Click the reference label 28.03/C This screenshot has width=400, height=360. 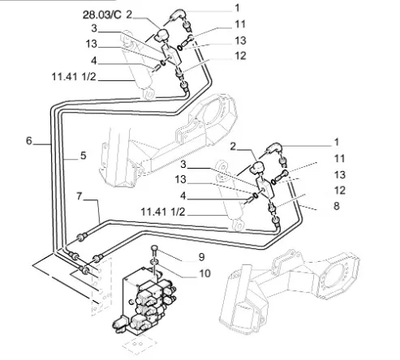pos(101,15)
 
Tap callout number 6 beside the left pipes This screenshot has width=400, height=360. pos(29,141)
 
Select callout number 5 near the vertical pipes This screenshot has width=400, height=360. pos(83,156)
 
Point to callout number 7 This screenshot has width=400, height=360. pos(79,196)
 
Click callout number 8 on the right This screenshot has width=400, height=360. pos(336,206)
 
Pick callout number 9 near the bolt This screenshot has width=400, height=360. pos(201,257)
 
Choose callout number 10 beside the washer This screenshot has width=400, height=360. pos(204,273)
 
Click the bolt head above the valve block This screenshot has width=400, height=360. pos(154,248)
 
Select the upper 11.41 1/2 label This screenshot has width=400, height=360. pos(74,77)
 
